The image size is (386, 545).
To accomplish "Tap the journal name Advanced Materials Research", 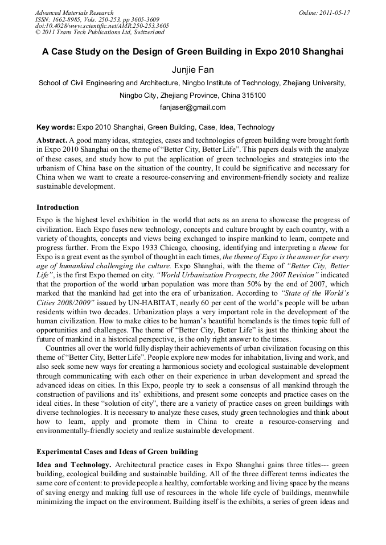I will coord(74,13).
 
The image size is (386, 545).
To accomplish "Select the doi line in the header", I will coord(102,26).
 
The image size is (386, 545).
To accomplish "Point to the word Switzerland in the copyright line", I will coord(145,32).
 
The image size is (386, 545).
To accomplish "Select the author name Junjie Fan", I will coord(192,70).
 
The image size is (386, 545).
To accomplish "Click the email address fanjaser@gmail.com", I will coord(192,107).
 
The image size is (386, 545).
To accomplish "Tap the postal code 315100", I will coord(253,95).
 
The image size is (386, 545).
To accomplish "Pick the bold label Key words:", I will coord(55,127).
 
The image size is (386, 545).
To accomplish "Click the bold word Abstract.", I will coord(52,140).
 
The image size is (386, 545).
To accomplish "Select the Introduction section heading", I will coord(58,207).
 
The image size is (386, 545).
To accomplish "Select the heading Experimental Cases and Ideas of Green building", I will coord(117,452).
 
